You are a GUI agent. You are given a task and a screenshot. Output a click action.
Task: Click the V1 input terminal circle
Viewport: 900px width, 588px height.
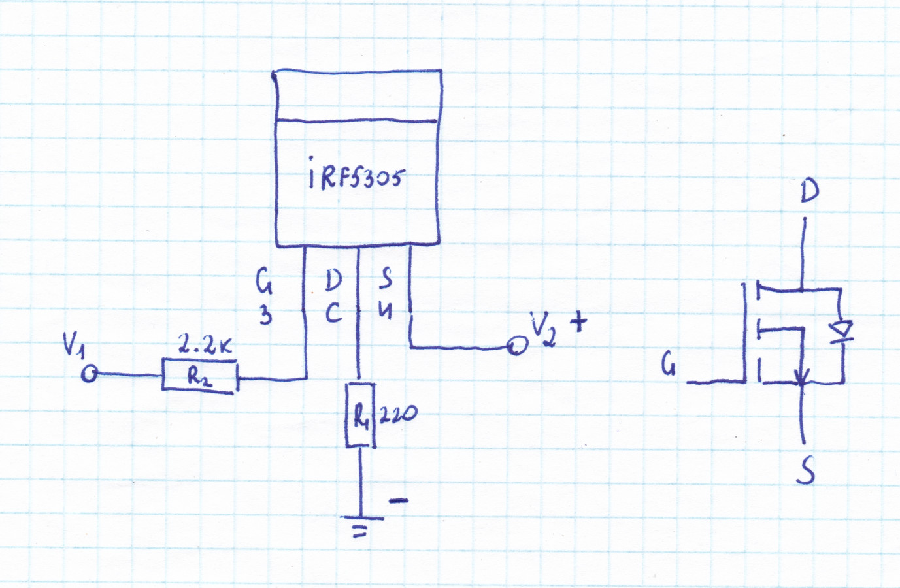tap(90, 374)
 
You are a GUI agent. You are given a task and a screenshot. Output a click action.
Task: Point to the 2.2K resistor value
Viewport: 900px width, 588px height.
tap(205, 346)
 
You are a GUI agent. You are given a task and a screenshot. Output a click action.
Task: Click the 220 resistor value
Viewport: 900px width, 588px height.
tap(397, 414)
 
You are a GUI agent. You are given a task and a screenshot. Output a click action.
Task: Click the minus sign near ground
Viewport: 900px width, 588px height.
tap(399, 501)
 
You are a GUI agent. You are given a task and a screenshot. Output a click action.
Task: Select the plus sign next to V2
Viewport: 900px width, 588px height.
tap(578, 321)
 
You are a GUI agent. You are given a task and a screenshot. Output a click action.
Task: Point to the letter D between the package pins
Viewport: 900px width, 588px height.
tap(333, 281)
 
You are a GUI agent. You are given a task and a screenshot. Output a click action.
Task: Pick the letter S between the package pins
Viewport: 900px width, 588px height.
tap(386, 279)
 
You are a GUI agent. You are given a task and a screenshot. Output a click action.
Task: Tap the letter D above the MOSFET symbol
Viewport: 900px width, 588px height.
tap(809, 191)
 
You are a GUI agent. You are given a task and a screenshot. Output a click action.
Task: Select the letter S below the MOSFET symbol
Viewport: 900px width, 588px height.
tap(806, 470)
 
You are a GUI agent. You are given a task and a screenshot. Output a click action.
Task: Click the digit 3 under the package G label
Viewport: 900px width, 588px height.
tap(265, 317)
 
